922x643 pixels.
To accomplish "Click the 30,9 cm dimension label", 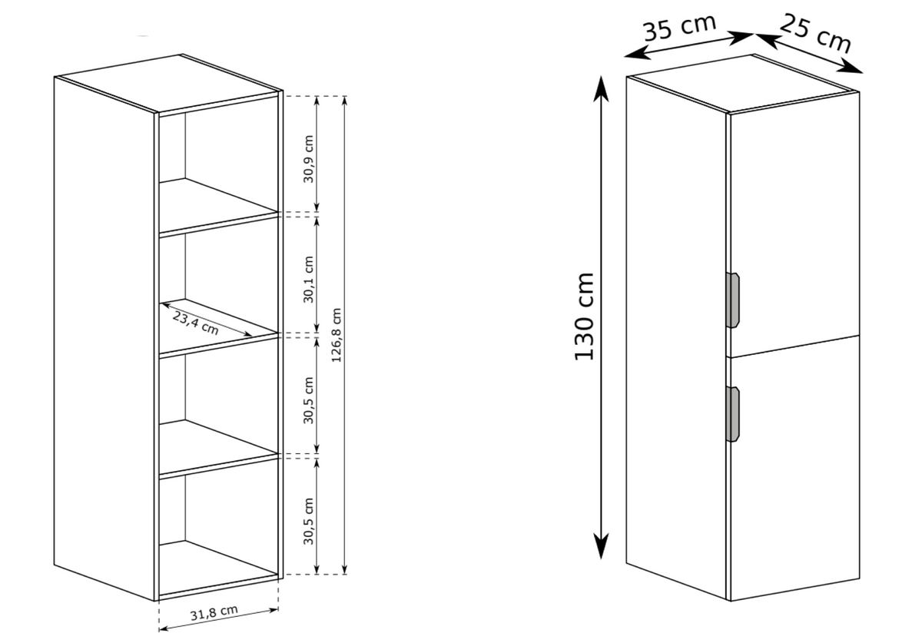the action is [x=309, y=159].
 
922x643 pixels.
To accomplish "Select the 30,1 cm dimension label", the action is [x=309, y=280].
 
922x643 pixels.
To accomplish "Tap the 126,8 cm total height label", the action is [x=337, y=335].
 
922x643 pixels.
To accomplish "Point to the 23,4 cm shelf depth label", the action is [x=195, y=323].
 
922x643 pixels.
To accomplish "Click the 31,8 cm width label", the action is [x=214, y=612].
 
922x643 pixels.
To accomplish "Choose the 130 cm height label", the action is [x=584, y=317].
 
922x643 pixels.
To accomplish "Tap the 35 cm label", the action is [x=680, y=28].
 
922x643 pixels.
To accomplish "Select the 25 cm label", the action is [x=815, y=34].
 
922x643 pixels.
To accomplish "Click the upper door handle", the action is [x=733, y=300].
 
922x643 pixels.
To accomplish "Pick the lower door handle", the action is [x=733, y=414].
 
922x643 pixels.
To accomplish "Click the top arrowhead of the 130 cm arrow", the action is [x=602, y=88].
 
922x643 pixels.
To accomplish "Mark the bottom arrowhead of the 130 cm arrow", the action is [x=602, y=547].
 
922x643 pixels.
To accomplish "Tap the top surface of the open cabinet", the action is [x=168, y=84].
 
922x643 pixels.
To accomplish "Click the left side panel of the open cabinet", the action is [x=104, y=338].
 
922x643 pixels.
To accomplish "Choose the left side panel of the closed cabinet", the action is [x=676, y=338].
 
